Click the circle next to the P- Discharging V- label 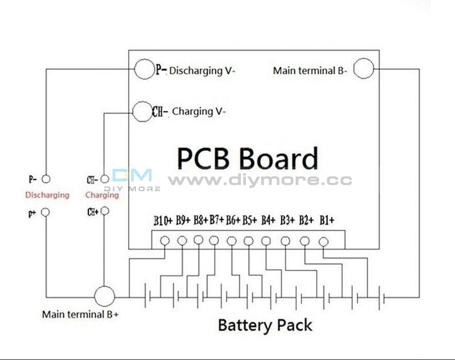pos(145,70)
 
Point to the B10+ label pos(163,222)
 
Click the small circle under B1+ pos(324,242)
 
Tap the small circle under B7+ pos(214,240)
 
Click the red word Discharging pos(47,195)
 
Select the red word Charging pos(102,195)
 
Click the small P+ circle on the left pos(45,212)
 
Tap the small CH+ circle pos(105,211)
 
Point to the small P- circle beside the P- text pos(45,179)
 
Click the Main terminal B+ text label pos(81,314)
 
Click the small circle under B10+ pos(165,240)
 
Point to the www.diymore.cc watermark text pos(260,180)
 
